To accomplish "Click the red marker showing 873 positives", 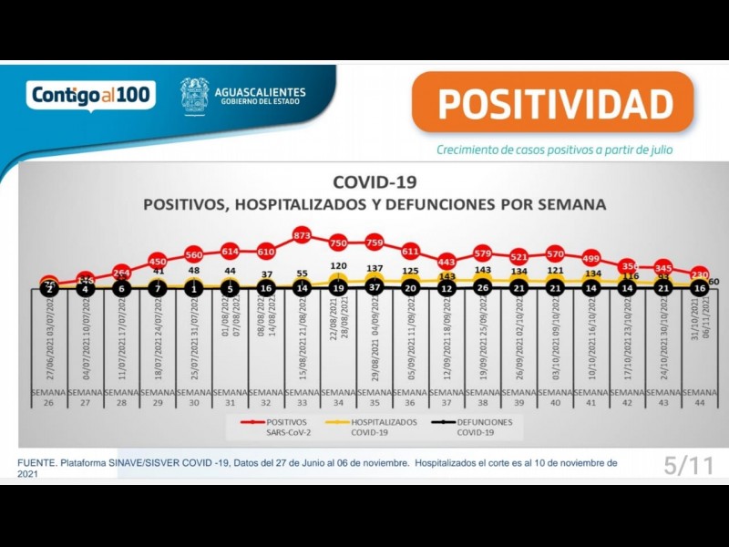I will pos(303,235).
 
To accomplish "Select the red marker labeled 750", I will pos(339,243).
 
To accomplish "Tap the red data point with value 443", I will pos(447,262).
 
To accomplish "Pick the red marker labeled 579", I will pos(483,253).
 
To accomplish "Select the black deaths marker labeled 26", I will pos(483,288).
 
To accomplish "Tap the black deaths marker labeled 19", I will pos(339,288).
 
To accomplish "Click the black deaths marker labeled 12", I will pos(447,288).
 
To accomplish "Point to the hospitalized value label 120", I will pos(339,267).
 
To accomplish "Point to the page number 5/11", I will pos(688,466).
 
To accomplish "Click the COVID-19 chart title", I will pos(375,183).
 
